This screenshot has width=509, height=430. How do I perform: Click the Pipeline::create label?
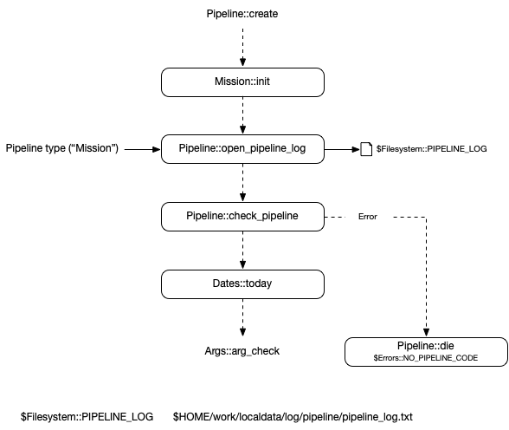pos(242,14)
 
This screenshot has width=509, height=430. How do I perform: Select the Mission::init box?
pos(242,82)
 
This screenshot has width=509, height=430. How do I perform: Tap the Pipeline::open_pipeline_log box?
pos(242,149)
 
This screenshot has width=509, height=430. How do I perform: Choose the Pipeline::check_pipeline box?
pos(242,217)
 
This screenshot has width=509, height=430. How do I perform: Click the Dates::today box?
pos(242,284)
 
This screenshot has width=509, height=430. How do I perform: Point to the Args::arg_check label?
pos(242,351)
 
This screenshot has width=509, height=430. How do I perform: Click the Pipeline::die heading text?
pos(426,346)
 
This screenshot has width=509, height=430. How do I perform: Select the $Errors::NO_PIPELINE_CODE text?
pos(426,358)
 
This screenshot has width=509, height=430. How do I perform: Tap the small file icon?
pos(366,149)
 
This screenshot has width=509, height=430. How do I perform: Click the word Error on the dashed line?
pos(367,217)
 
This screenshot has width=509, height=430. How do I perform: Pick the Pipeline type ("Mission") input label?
pos(62,148)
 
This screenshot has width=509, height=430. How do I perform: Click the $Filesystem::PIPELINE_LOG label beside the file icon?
pos(431,149)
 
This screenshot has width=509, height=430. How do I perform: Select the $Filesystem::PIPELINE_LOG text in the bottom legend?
pos(87,417)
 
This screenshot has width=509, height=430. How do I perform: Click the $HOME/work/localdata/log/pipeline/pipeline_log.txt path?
pos(293,417)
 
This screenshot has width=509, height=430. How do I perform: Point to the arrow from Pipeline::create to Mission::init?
pos(242,48)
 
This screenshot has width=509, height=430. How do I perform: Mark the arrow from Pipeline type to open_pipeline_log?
pos(143,149)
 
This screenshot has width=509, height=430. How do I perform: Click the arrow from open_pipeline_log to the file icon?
pos(342,149)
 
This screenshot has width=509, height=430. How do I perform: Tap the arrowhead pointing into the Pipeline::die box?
pos(426,333)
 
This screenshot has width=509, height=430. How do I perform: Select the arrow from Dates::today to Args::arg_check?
pos(242,317)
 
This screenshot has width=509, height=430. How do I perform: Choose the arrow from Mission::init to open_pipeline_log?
pos(242,115)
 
